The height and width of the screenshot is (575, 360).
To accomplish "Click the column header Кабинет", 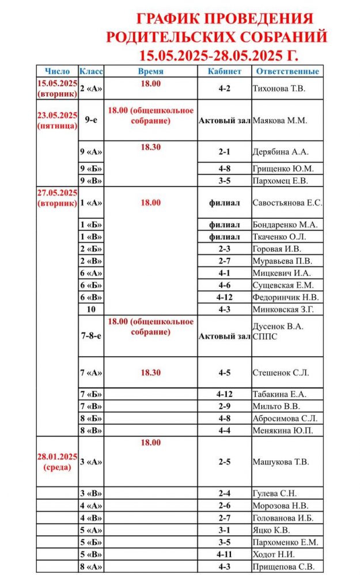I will click(x=223, y=71).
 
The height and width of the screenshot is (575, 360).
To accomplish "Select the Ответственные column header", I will click(x=287, y=71).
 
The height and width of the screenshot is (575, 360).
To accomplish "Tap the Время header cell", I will click(x=150, y=71).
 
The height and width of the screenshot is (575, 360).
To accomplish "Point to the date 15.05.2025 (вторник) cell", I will click(x=57, y=89).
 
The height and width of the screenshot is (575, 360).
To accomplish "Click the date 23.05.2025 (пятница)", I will click(x=57, y=120).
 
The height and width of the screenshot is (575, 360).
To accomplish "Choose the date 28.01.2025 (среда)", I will click(x=57, y=462).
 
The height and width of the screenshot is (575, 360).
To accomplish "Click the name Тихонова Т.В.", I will click(x=279, y=89).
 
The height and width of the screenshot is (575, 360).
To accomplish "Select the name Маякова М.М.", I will click(x=280, y=121).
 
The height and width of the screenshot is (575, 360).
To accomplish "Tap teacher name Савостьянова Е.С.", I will click(x=287, y=203).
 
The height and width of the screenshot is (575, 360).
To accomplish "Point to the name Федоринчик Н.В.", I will click(x=285, y=298).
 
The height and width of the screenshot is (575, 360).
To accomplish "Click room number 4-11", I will click(x=224, y=554).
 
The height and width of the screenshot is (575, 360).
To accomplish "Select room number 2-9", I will click(x=224, y=406).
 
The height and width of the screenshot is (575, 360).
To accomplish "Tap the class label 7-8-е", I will click(x=91, y=336).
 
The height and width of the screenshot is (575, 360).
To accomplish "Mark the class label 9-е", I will click(x=91, y=121).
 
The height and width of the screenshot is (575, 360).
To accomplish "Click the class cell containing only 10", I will click(x=91, y=310).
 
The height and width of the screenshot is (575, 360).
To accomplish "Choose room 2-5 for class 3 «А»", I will click(x=224, y=462).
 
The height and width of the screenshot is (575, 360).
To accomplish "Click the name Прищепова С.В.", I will click(x=282, y=566).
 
